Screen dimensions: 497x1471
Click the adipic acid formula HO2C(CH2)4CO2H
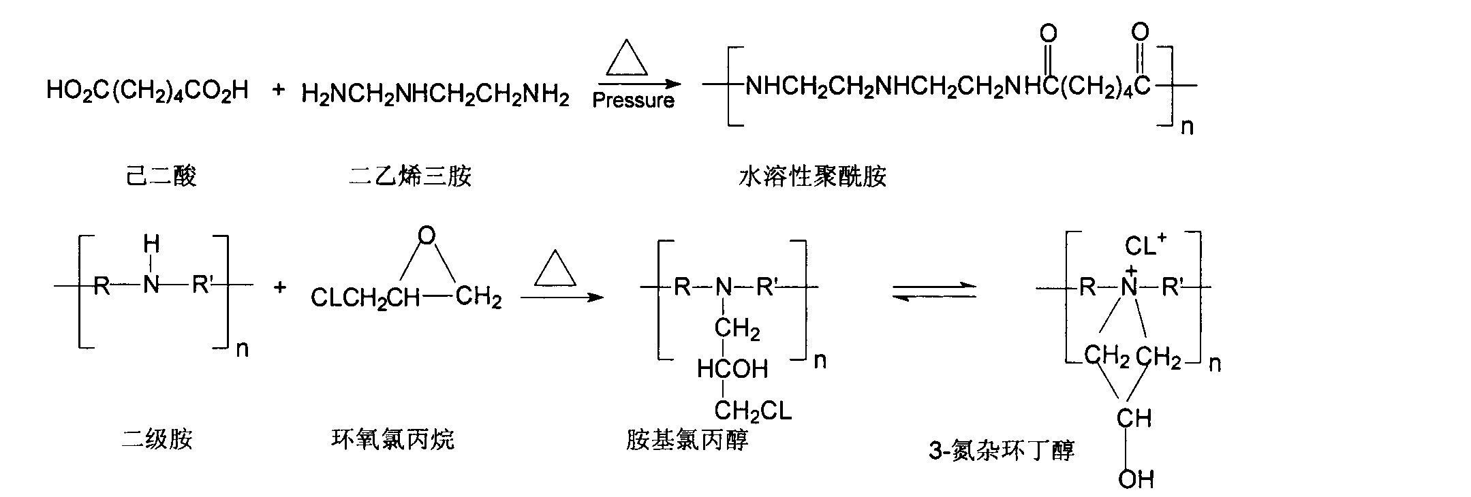tap(147, 91)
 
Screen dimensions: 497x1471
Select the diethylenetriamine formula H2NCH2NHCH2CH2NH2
tap(435, 95)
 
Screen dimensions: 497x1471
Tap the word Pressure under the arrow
tap(633, 101)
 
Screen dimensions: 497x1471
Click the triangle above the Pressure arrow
tap(626, 58)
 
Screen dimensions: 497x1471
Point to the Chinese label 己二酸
tap(161, 176)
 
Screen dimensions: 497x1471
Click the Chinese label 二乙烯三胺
tap(409, 176)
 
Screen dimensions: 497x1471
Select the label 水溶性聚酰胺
tap(812, 176)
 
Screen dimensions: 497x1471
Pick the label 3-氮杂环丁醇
tap(1002, 450)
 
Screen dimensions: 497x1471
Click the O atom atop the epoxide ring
tap(427, 236)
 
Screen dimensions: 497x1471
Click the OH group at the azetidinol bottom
tap(1136, 479)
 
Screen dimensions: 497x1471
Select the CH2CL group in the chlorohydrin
tap(753, 410)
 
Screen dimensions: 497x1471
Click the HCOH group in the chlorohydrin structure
tap(732, 369)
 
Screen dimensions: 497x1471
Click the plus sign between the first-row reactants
tap(278, 89)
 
